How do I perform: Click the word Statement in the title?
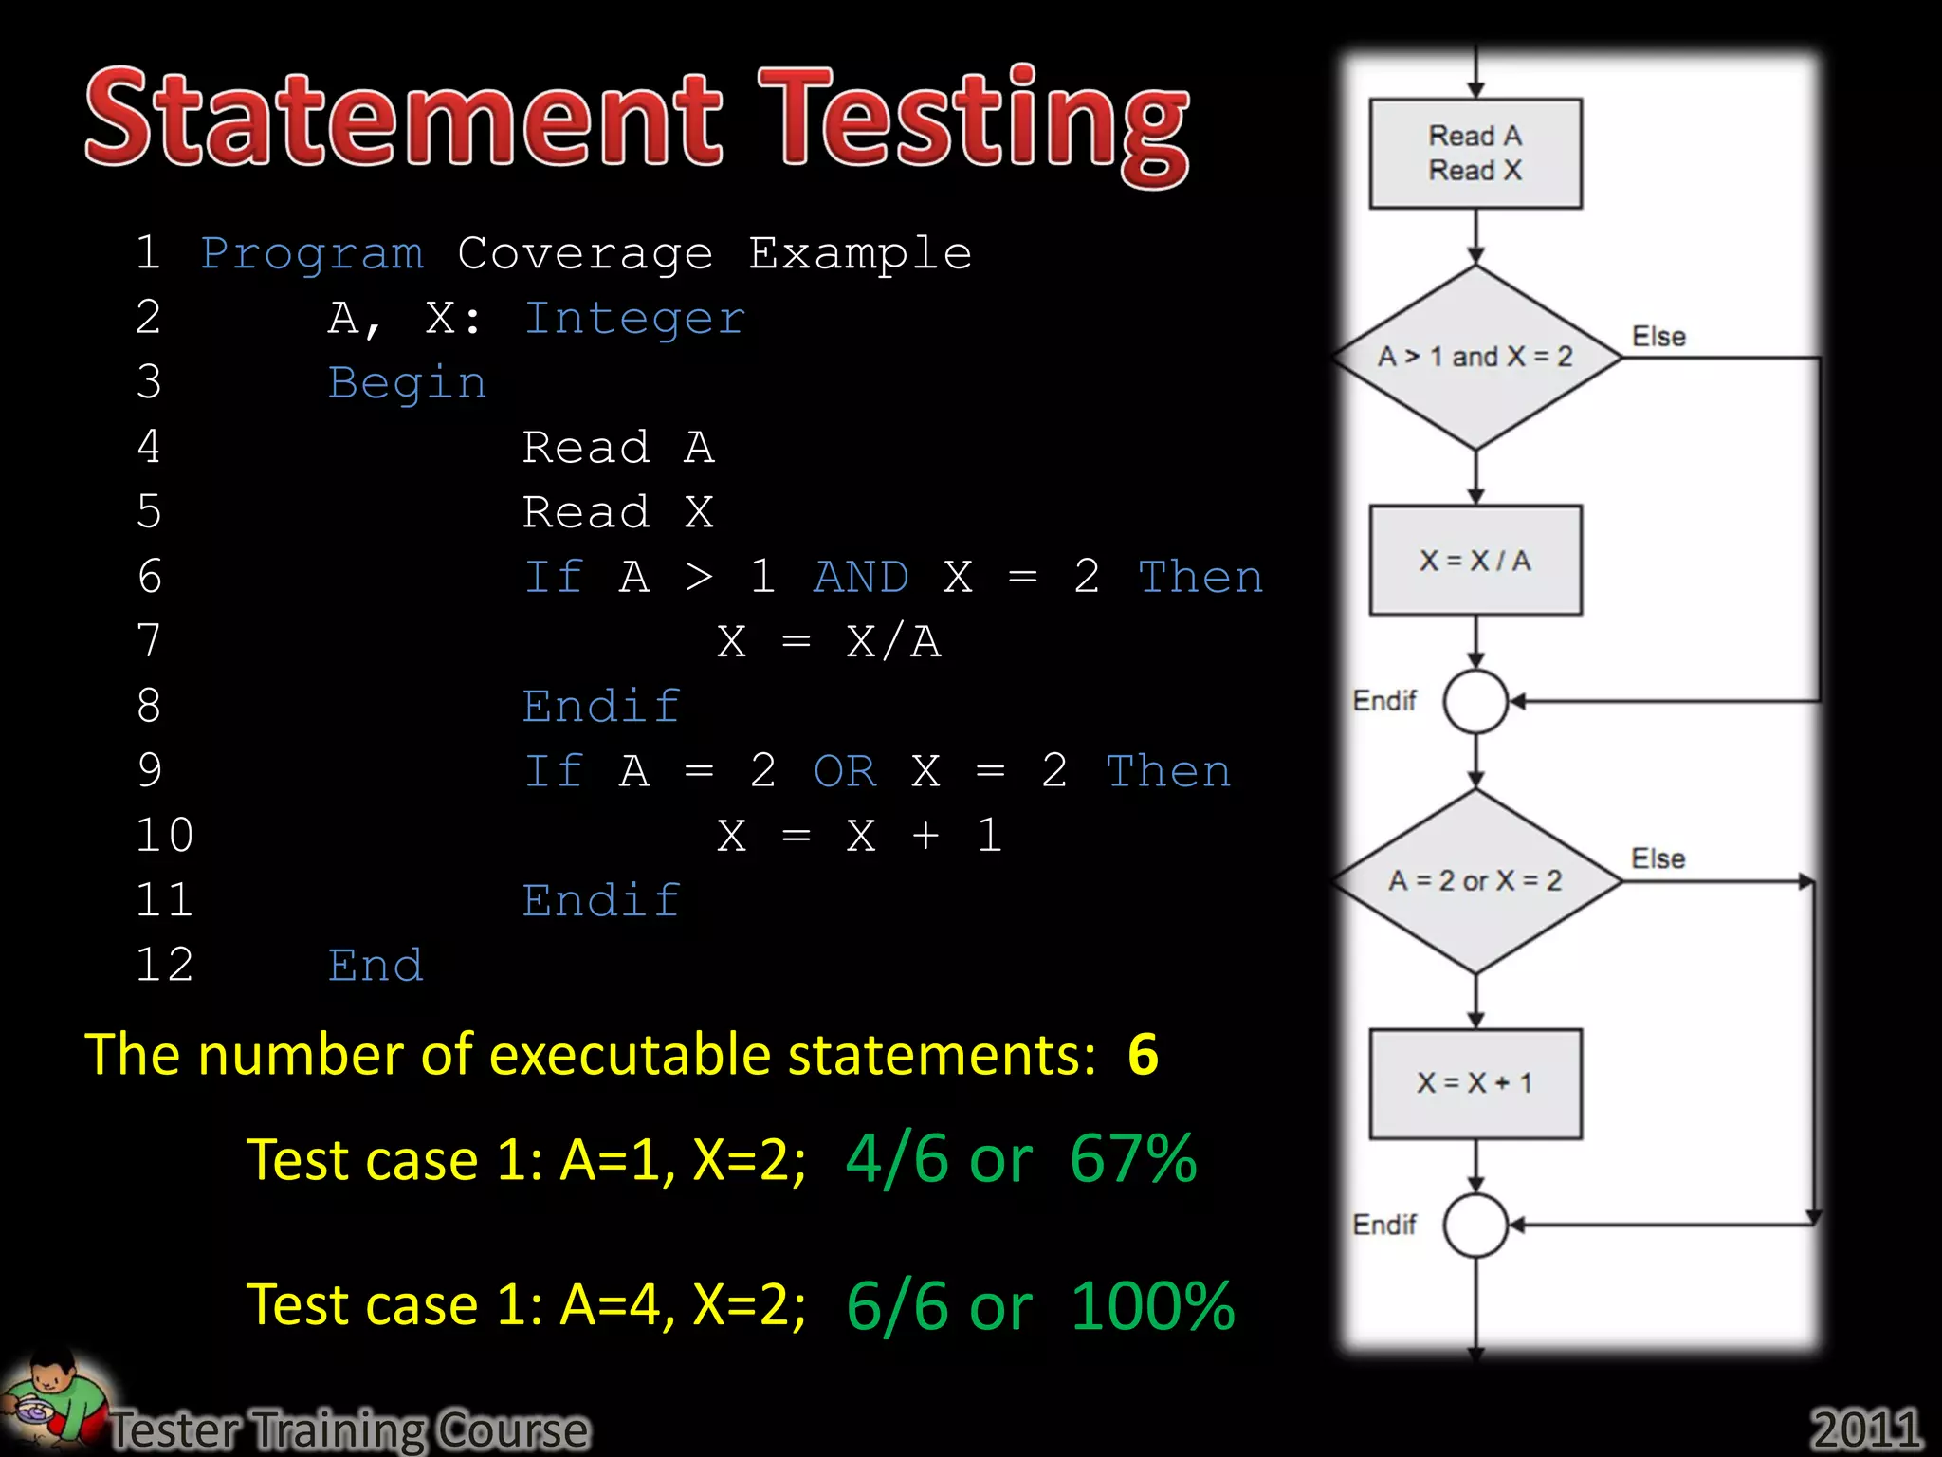tap(403, 119)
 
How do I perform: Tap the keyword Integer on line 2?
tap(634, 319)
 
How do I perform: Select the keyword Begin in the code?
tap(407, 383)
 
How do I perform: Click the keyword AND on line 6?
tap(861, 578)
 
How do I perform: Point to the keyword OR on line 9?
tap(845, 771)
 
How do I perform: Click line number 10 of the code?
tap(164, 836)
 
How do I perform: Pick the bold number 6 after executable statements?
tap(1143, 1055)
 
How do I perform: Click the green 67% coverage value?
tap(1133, 1159)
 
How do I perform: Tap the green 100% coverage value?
tap(1152, 1306)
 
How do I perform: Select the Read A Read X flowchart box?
tap(1475, 154)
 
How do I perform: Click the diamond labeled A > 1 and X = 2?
tap(1475, 358)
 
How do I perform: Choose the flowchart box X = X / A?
tap(1475, 561)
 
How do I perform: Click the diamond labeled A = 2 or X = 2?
tap(1475, 881)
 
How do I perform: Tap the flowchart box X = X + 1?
tap(1475, 1083)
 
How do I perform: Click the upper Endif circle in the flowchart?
tap(1475, 702)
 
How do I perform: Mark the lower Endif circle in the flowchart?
tap(1475, 1226)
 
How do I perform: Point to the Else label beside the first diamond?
tap(1658, 337)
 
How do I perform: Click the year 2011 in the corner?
tap(1866, 1429)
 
